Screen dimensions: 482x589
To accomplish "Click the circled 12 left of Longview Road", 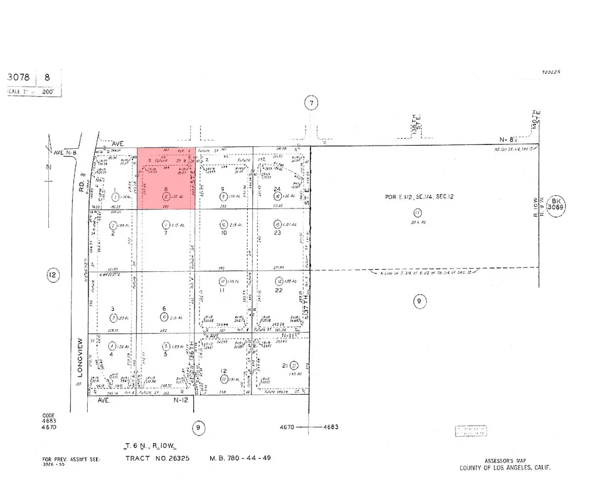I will click(52, 274).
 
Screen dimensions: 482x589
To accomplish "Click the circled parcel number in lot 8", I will click(166, 196).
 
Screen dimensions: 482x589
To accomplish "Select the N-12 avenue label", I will click(181, 400).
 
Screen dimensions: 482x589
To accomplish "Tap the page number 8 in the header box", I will click(46, 77).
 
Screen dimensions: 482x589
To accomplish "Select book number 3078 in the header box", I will click(19, 77).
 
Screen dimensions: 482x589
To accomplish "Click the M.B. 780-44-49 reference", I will click(240, 458).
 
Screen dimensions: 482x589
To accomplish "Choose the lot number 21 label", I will click(285, 365).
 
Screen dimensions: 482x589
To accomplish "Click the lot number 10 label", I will click(223, 233).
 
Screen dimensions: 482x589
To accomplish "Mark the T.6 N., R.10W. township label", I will click(150, 445).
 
